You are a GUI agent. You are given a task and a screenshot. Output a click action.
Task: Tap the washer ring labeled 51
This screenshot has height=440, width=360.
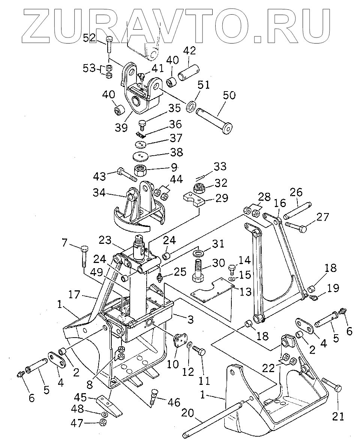tap(191, 106)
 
